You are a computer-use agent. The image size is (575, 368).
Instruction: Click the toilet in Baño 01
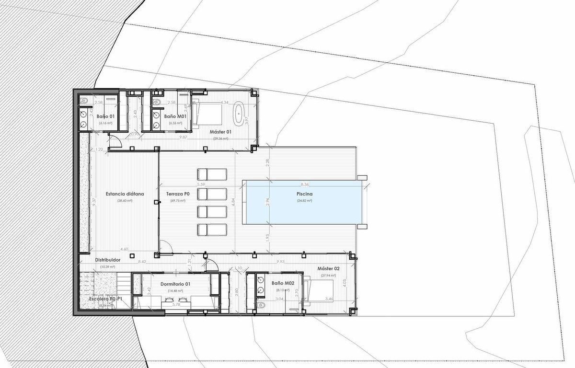coord(84,100)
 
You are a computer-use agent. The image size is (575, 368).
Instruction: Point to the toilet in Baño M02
coord(261,305)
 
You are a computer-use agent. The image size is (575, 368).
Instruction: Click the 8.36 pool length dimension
coord(305,184)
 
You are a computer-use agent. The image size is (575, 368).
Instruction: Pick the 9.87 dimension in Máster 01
coord(183,138)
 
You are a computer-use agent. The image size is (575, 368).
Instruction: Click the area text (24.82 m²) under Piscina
coord(304,201)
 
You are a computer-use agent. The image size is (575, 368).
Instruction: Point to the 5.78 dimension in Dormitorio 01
coord(176,304)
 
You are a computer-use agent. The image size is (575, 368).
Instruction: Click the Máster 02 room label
coord(328,268)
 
